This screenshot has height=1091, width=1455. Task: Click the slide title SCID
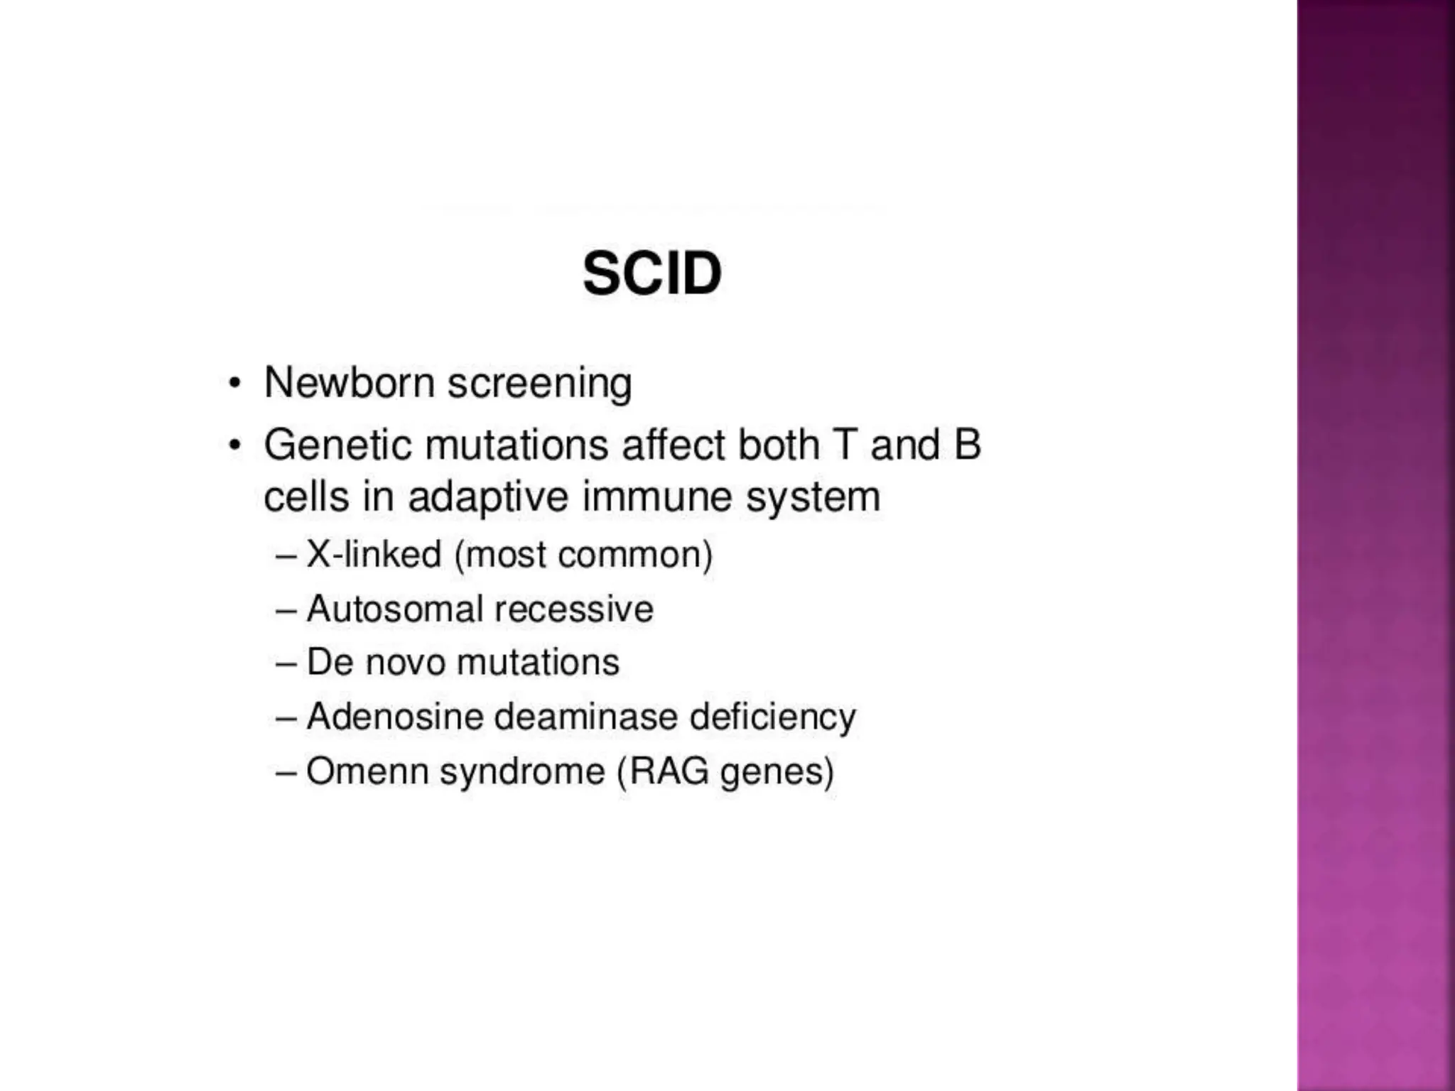651,274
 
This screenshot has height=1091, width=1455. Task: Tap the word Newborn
349,383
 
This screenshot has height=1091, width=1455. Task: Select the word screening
539,384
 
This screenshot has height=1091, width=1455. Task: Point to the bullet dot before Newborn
234,384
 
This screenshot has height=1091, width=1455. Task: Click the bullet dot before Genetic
234,446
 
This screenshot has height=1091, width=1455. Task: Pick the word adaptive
488,496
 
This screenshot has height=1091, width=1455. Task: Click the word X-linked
374,554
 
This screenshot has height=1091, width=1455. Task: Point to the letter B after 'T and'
967,445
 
